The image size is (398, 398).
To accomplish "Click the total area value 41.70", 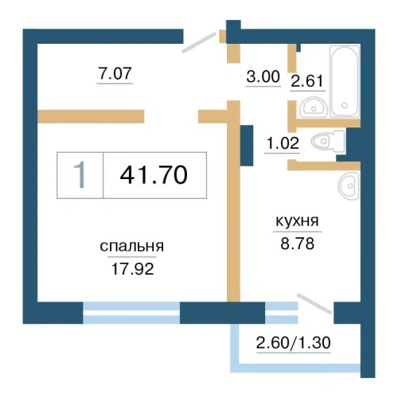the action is (x=154, y=175).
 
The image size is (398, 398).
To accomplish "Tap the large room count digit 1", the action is (x=80, y=175).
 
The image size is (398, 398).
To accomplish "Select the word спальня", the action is (x=132, y=247).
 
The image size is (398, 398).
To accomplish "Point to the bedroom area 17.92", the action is (x=132, y=269).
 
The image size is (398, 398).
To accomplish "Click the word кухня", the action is (x=297, y=220).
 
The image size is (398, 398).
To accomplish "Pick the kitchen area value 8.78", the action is (x=298, y=244).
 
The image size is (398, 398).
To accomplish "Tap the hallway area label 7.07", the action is (x=115, y=73).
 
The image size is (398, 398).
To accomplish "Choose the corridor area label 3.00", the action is (x=263, y=76).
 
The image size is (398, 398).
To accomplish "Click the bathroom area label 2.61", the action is (x=307, y=81).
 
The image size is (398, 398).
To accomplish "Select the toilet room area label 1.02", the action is (x=283, y=143).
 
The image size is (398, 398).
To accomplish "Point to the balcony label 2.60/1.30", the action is (x=294, y=342).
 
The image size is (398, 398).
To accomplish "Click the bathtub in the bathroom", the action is (x=345, y=81).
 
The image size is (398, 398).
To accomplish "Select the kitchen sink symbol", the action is (x=349, y=185).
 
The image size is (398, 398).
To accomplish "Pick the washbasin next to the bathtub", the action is (x=314, y=107).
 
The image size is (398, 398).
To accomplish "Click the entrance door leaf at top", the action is (x=199, y=42).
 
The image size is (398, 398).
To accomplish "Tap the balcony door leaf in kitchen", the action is (x=314, y=304).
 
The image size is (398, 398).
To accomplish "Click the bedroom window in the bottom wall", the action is (x=131, y=313).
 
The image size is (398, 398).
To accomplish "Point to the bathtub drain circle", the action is (x=345, y=105).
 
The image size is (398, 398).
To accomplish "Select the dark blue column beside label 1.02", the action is (x=247, y=146).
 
